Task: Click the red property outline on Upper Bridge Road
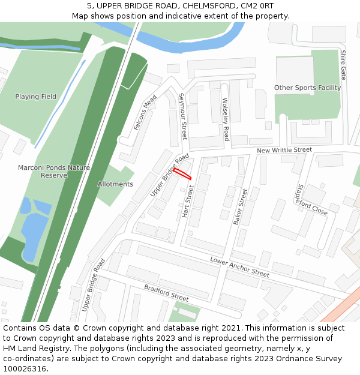click(x=182, y=173)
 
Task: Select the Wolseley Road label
click(x=226, y=119)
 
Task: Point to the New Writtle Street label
click(x=284, y=150)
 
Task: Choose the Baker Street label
click(x=239, y=207)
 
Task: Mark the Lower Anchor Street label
click(x=239, y=266)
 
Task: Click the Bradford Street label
click(x=166, y=293)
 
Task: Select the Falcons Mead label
click(x=145, y=112)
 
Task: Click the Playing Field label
click(x=36, y=97)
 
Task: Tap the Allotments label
click(x=115, y=184)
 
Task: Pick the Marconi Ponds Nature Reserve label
click(x=54, y=172)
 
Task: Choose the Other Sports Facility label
click(x=307, y=88)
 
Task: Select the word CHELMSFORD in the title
click(x=209, y=5)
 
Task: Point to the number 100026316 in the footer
click(x=25, y=369)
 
